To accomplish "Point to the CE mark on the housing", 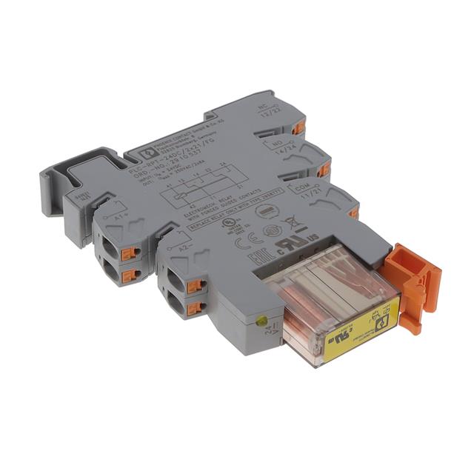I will (x=244, y=243).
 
